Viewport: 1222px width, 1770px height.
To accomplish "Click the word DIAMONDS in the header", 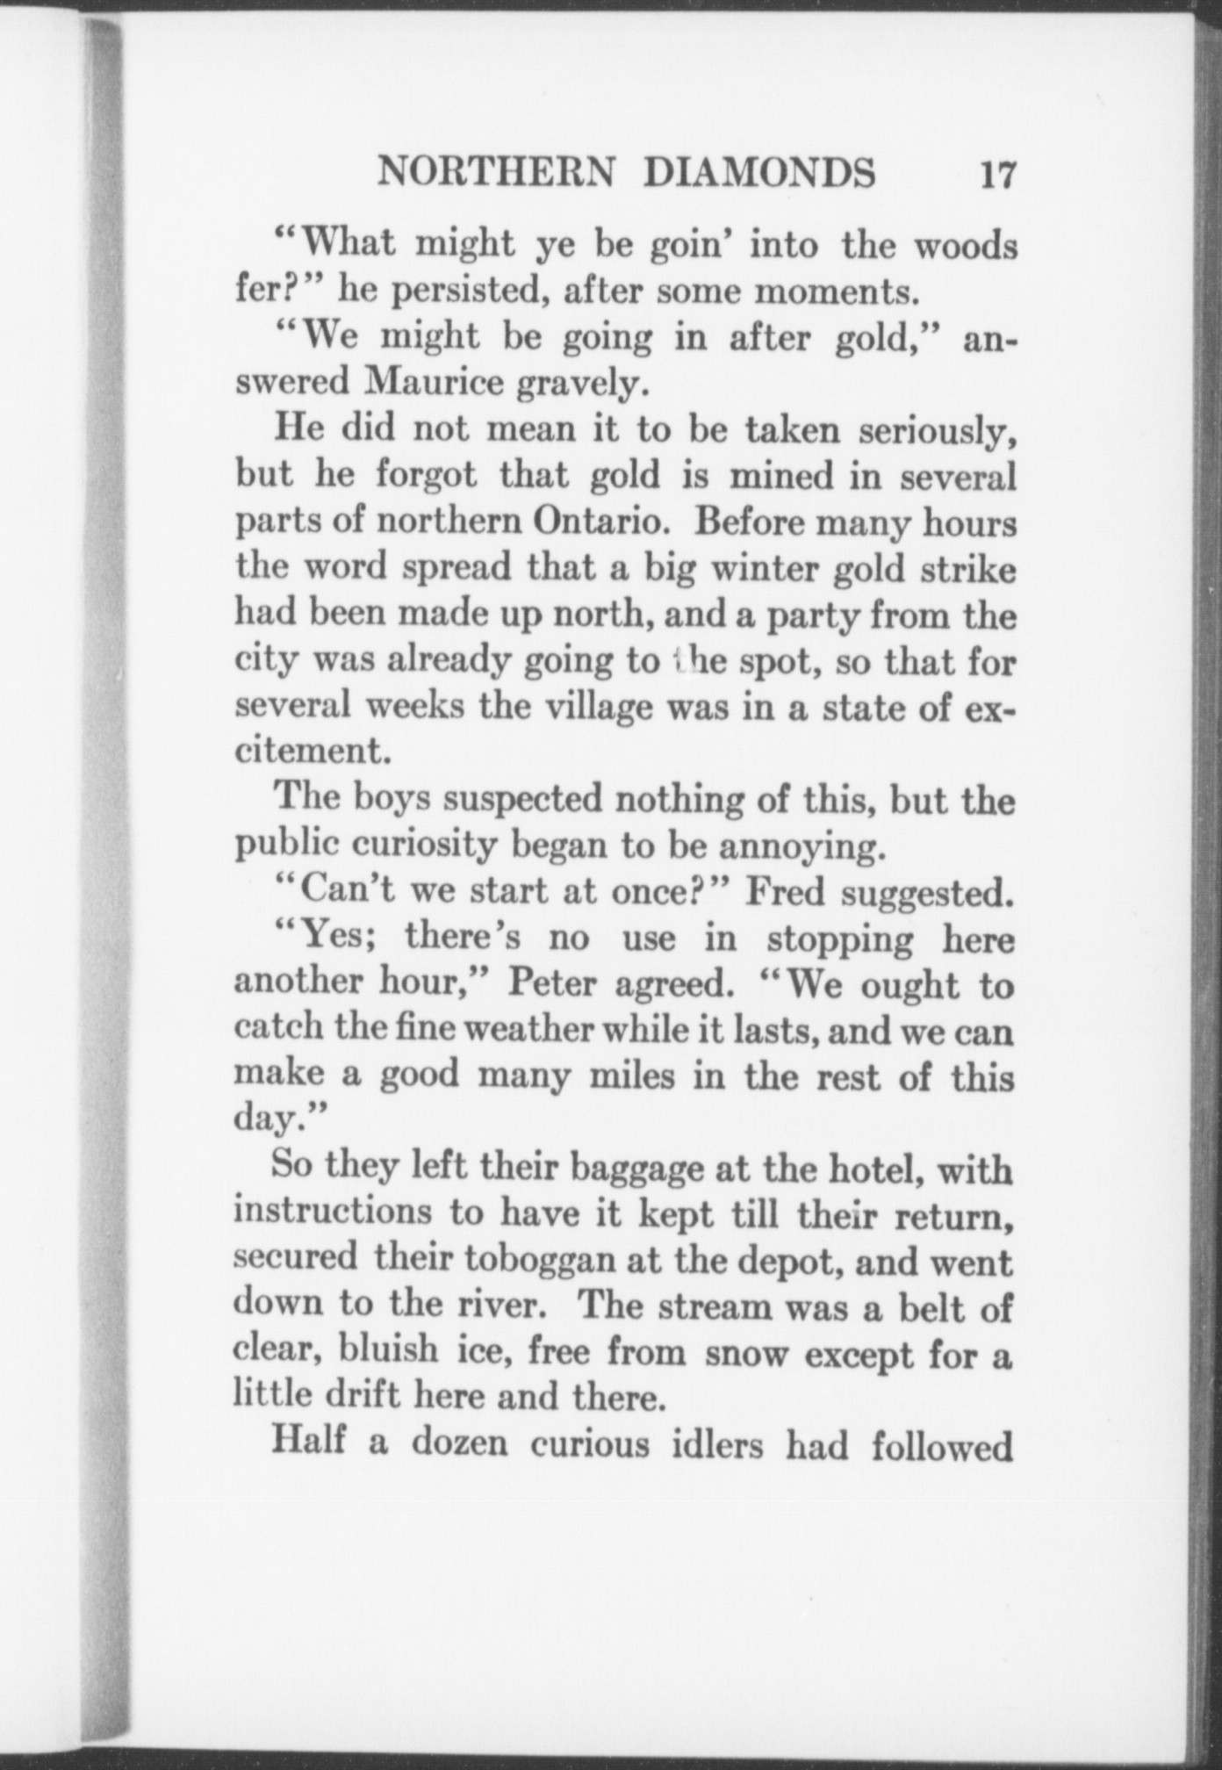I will coord(759,173).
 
